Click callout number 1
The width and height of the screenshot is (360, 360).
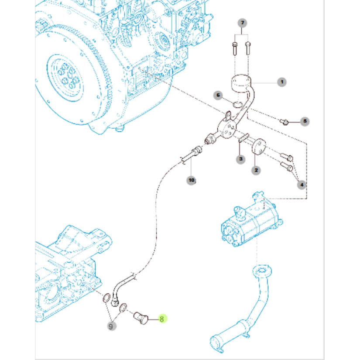281,82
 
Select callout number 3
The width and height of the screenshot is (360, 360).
240,159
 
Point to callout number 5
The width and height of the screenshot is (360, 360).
305,121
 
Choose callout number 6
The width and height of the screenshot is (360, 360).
218,95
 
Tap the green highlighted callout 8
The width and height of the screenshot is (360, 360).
162,319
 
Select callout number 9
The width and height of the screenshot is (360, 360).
112,325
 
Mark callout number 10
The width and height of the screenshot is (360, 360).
191,179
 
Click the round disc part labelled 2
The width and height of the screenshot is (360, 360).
259,146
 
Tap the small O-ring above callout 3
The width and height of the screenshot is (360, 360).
243,137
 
